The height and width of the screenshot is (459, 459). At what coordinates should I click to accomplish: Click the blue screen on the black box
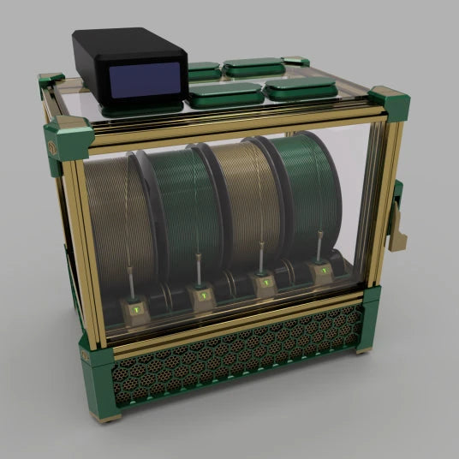pyautogui.click(x=146, y=79)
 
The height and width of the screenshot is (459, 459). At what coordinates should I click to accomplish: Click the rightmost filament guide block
pyautogui.click(x=323, y=274)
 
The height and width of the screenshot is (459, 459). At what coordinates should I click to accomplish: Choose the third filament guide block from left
pyautogui.click(x=264, y=285)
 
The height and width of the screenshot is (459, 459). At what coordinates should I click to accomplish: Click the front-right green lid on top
pyautogui.click(x=300, y=87)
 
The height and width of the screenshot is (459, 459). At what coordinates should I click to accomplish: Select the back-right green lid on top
pyautogui.click(x=254, y=66)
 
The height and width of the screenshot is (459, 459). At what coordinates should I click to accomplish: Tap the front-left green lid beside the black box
pyautogui.click(x=225, y=94)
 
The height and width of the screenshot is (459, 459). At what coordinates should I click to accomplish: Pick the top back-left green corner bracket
pyautogui.click(x=51, y=81)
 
